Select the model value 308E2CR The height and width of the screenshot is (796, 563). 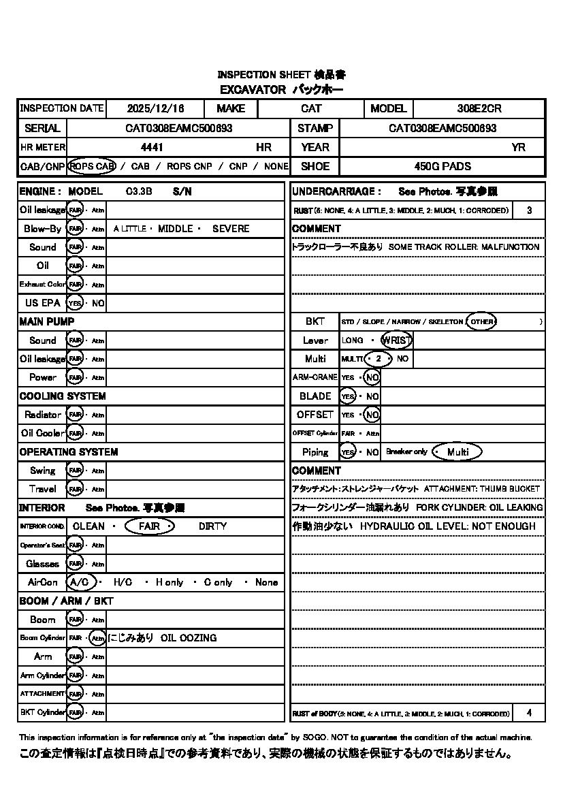(479, 108)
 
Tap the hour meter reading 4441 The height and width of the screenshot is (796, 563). (152, 147)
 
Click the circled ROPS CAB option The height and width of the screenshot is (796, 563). (92, 166)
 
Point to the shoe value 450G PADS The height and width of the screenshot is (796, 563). (443, 166)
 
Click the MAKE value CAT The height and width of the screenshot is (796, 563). (311, 108)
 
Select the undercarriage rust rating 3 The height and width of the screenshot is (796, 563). (530, 210)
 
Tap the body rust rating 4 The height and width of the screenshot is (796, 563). (530, 713)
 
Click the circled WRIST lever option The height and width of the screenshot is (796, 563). (397, 340)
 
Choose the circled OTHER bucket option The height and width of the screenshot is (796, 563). (481, 321)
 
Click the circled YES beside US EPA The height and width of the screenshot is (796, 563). (75, 303)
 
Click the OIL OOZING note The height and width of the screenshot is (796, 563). (189, 638)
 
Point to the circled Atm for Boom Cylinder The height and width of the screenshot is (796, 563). (97, 638)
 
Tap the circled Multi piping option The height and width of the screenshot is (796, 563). (457, 452)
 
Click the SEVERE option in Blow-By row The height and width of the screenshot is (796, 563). (231, 229)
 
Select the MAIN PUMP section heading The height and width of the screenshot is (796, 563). (47, 321)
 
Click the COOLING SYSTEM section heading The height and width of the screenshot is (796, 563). (63, 396)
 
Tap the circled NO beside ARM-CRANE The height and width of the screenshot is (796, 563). (372, 377)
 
